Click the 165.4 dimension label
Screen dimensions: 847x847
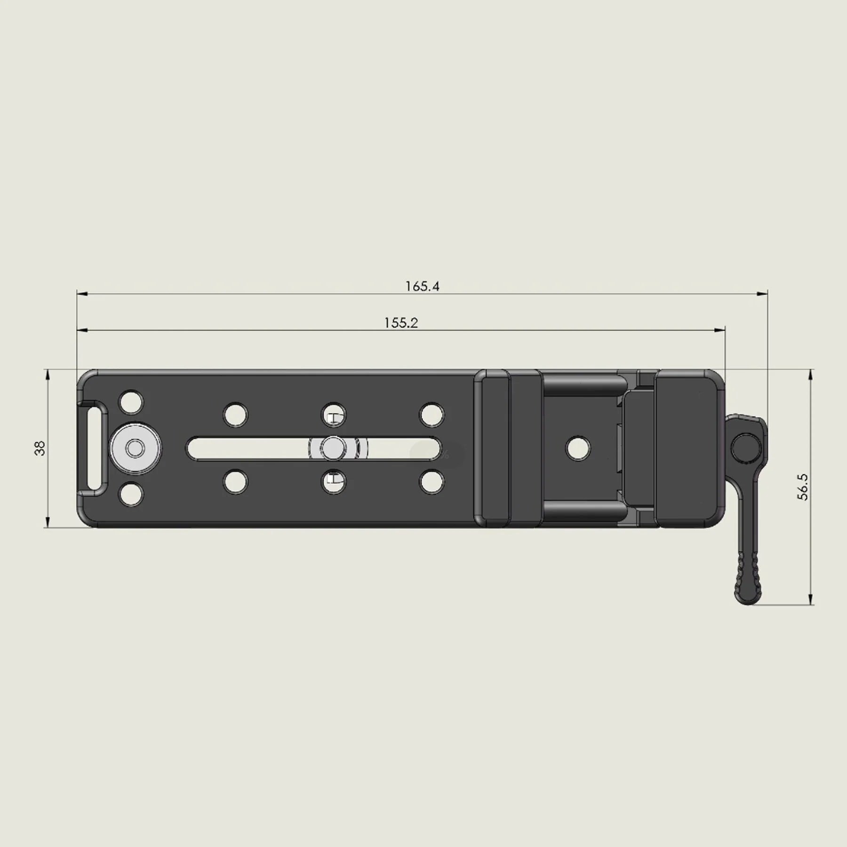[423, 286]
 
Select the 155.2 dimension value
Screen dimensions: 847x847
[401, 323]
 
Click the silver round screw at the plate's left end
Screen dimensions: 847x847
[136, 448]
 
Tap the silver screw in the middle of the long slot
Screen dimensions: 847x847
[333, 447]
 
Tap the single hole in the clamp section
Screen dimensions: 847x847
[578, 447]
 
